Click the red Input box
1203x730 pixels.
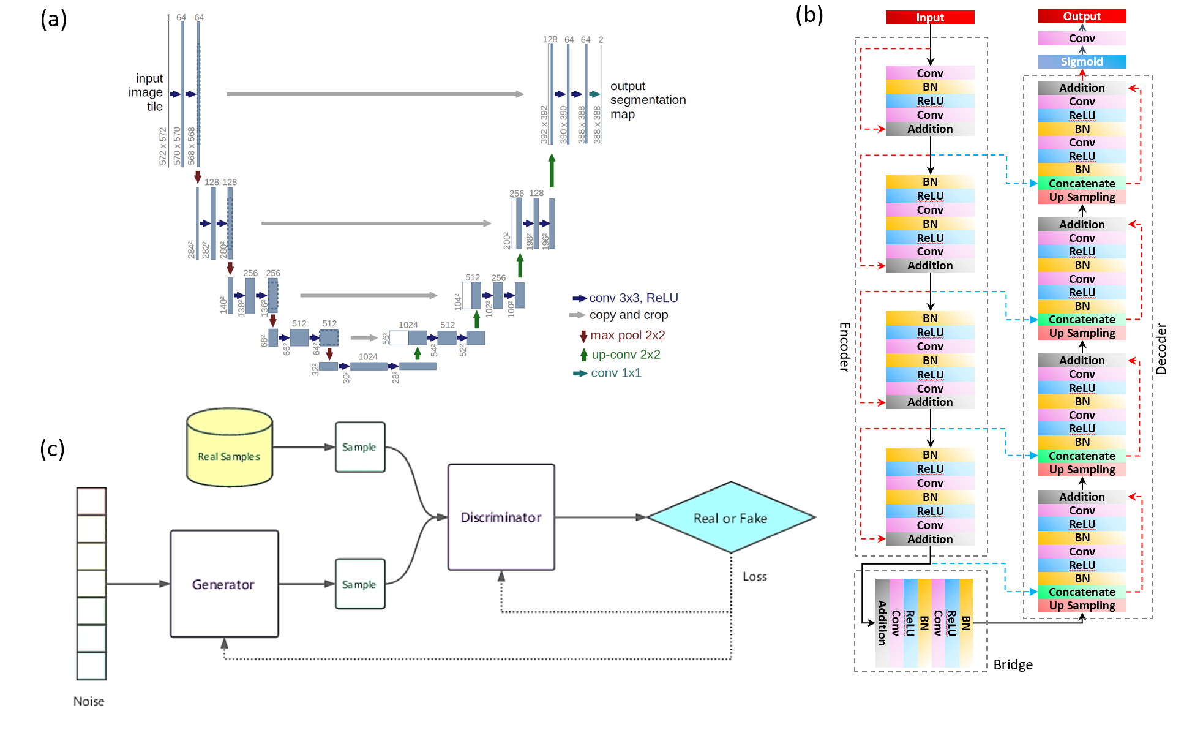pyautogui.click(x=929, y=18)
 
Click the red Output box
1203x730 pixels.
pyautogui.click(x=1081, y=17)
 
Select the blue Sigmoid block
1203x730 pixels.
pyautogui.click(x=1081, y=62)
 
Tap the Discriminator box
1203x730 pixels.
pyautogui.click(x=501, y=517)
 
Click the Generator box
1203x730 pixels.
pyautogui.click(x=223, y=584)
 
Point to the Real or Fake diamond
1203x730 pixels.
pyautogui.click(x=730, y=518)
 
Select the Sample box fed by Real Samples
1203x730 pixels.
pyautogui.click(x=359, y=447)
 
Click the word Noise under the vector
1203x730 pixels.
pyautogui.click(x=89, y=701)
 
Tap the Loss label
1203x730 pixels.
pyautogui.click(x=754, y=576)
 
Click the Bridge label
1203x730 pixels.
pyautogui.click(x=1013, y=664)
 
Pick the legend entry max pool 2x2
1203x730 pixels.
pyautogui.click(x=627, y=335)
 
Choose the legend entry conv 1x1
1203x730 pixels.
pyautogui.click(x=615, y=373)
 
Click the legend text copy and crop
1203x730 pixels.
pyautogui.click(x=628, y=315)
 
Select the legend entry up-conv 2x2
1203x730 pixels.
pyautogui.click(x=625, y=355)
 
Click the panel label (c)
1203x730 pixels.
pyautogui.click(x=53, y=449)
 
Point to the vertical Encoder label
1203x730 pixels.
pyautogui.click(x=844, y=347)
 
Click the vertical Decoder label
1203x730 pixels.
pyautogui.click(x=1161, y=349)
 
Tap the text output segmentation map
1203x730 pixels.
pyautogui.click(x=647, y=100)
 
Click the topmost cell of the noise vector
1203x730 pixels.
pyautogui.click(x=91, y=502)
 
